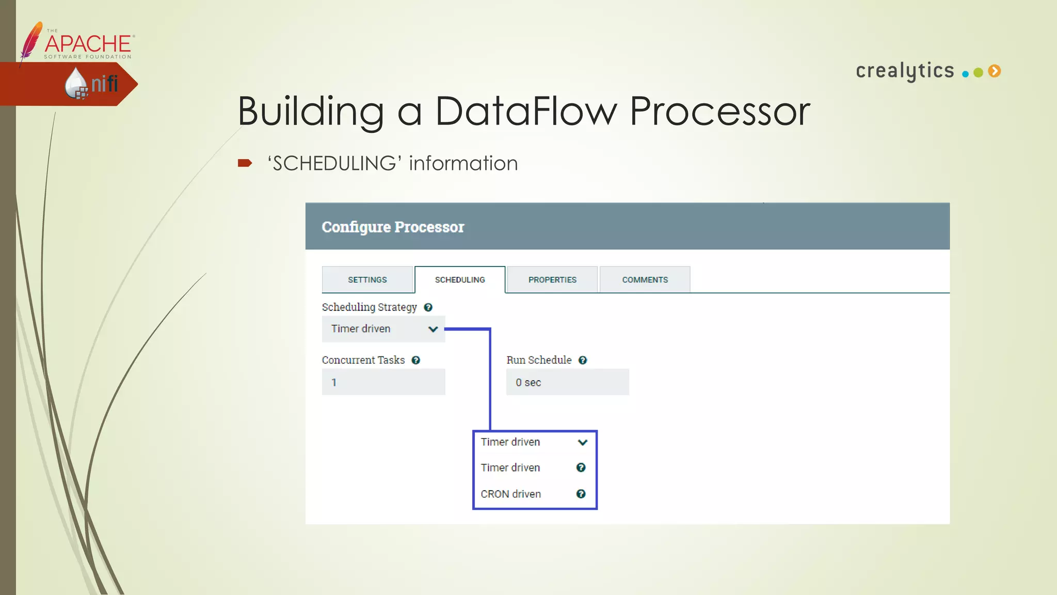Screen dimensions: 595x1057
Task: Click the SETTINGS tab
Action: [367, 279]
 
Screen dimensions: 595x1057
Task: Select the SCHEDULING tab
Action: [460, 279]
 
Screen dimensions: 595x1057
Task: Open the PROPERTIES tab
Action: [552, 279]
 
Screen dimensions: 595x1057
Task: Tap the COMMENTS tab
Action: [645, 279]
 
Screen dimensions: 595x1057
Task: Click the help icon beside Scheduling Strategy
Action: [428, 307]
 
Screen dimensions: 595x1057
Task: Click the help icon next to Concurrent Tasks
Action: [416, 360]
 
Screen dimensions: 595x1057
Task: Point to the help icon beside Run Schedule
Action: [583, 360]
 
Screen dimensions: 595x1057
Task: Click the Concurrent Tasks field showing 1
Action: [383, 382]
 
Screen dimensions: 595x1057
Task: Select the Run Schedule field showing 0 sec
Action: [567, 382]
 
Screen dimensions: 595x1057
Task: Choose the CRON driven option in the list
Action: [511, 494]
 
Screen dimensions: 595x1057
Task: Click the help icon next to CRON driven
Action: [581, 494]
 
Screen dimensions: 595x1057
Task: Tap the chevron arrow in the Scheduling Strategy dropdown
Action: [433, 329]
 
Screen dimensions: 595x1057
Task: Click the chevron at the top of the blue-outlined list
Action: [583, 442]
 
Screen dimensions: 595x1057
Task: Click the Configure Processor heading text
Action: [393, 227]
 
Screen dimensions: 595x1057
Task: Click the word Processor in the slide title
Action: [719, 111]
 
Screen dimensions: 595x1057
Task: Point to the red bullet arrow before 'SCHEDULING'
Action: [245, 163]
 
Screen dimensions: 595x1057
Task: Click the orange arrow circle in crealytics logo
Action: [995, 71]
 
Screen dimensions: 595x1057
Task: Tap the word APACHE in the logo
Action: [88, 43]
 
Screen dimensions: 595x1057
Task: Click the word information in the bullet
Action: [463, 163]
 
